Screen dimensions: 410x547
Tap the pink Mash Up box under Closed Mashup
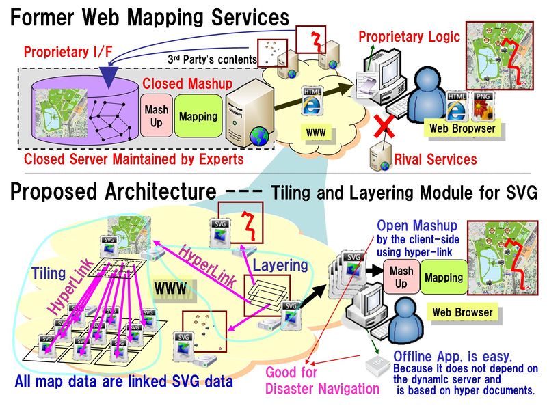point(157,116)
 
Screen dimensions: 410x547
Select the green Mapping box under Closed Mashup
point(198,116)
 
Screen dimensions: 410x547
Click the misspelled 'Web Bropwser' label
point(462,128)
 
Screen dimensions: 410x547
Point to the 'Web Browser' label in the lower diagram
point(462,312)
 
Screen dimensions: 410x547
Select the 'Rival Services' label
point(436,160)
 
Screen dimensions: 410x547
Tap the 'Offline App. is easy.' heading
point(452,355)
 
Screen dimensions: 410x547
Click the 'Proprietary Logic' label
point(410,36)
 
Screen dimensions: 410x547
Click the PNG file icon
point(485,105)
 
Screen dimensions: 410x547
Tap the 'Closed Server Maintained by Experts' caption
point(133,160)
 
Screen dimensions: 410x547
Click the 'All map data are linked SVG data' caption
point(124,381)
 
